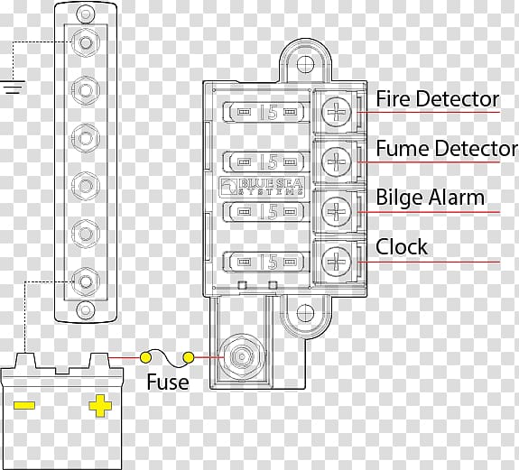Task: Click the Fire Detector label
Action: pyautogui.click(x=438, y=99)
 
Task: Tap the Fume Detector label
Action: pyautogui.click(x=447, y=148)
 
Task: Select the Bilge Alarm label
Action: pyautogui.click(x=431, y=198)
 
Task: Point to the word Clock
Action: pyautogui.click(x=402, y=247)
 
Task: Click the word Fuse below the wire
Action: pyautogui.click(x=168, y=382)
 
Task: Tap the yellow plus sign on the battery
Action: pyautogui.click(x=100, y=406)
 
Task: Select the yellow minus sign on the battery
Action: pyautogui.click(x=24, y=406)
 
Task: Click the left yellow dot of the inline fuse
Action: pyautogui.click(x=145, y=357)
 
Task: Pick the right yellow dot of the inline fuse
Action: pyautogui.click(x=189, y=357)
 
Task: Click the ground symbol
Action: pyautogui.click(x=14, y=87)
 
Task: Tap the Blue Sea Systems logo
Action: pyautogui.click(x=262, y=187)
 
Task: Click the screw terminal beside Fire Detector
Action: pyautogui.click(x=337, y=112)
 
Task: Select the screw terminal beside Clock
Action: pyautogui.click(x=337, y=262)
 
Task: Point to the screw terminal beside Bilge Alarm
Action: pyautogui.click(x=337, y=212)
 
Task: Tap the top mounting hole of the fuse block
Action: pyautogui.click(x=305, y=63)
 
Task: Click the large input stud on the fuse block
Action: pyautogui.click(x=242, y=357)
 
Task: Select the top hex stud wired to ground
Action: pyautogui.click(x=86, y=42)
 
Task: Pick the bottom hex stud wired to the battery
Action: pyautogui.click(x=86, y=281)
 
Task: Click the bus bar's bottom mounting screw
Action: pyautogui.click(x=86, y=310)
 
